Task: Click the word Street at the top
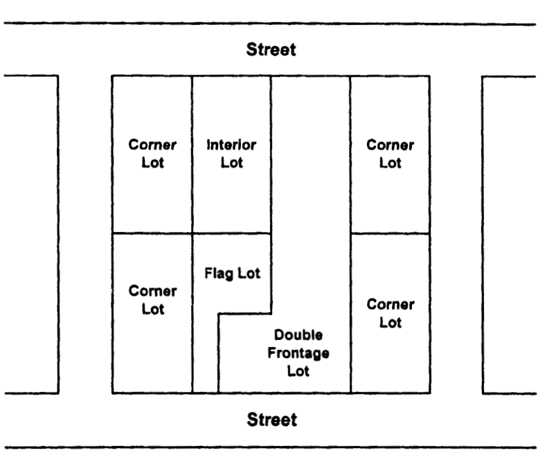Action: pos(271,50)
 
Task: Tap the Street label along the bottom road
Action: pos(271,420)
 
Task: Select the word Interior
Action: pos(231,145)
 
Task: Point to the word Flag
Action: pos(218,274)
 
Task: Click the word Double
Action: pos(298,335)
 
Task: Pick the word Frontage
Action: pos(298,353)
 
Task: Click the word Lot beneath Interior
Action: pos(231,163)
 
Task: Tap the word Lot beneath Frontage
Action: pos(298,371)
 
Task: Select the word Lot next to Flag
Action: pos(248,274)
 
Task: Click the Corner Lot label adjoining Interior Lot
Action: pos(152,154)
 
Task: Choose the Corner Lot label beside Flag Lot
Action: pos(152,300)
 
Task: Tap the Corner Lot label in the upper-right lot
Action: pos(390,154)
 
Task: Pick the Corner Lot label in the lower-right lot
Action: pos(390,314)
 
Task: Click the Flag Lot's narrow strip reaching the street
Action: pos(205,353)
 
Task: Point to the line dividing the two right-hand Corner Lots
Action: pos(390,233)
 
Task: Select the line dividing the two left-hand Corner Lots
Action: pos(152,233)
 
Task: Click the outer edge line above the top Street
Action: pos(270,25)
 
